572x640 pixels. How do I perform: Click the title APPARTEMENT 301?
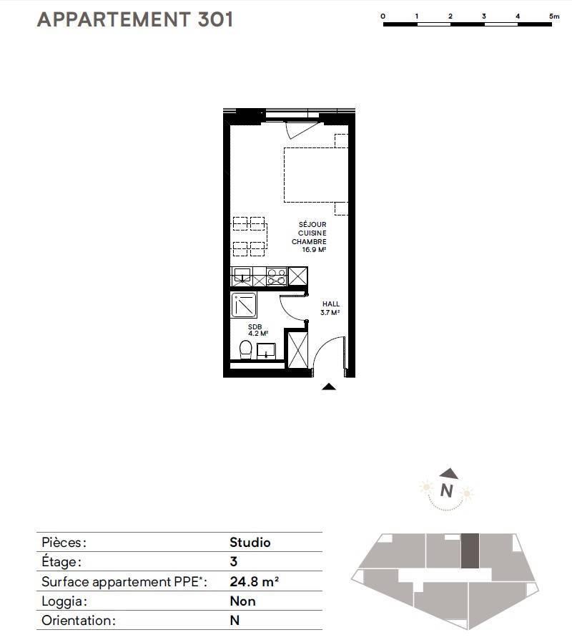click(135, 19)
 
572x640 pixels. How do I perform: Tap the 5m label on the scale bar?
click(554, 16)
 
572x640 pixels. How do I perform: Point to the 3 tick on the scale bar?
click(484, 16)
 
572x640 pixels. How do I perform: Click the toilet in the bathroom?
click(245, 350)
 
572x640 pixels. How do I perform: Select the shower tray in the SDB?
click(244, 304)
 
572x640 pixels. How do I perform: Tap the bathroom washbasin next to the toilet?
click(266, 351)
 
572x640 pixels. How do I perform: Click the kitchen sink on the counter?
click(242, 275)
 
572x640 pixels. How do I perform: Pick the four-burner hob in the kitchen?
click(277, 276)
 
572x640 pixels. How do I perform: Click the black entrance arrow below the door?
click(329, 387)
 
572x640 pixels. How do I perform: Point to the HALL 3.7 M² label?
click(330, 308)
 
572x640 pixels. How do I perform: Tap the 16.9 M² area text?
click(314, 249)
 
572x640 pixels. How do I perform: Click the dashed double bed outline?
click(316, 175)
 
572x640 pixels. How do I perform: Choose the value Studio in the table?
click(250, 543)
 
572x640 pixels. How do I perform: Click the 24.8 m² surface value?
click(254, 581)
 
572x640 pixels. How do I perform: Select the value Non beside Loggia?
click(242, 601)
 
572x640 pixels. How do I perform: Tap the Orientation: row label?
click(78, 621)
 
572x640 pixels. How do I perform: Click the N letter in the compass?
click(446, 490)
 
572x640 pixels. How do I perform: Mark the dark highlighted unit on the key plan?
click(470, 551)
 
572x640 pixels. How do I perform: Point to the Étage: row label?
click(61, 562)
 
